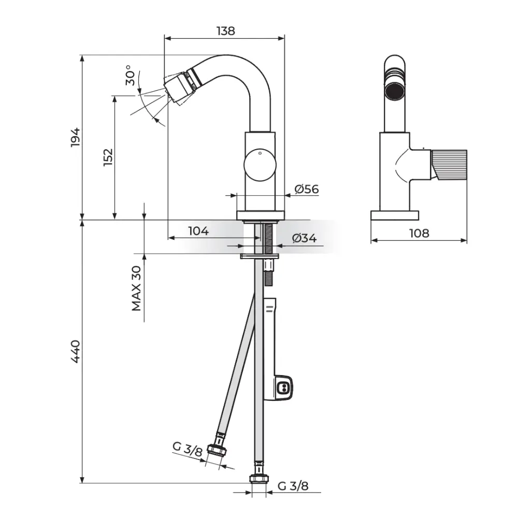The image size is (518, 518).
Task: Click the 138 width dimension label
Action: [226, 31]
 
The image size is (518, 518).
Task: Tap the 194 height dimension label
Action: [76, 137]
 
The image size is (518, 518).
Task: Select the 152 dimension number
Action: [108, 157]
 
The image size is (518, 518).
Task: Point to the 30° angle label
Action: [131, 75]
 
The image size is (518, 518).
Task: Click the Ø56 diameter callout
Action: [307, 189]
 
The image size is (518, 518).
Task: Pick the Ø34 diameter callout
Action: [304, 238]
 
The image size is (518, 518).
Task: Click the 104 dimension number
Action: [198, 231]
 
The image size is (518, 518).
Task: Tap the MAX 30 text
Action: [136, 288]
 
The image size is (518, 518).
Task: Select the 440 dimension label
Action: [76, 352]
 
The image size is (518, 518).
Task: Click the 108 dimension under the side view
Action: [419, 233]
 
